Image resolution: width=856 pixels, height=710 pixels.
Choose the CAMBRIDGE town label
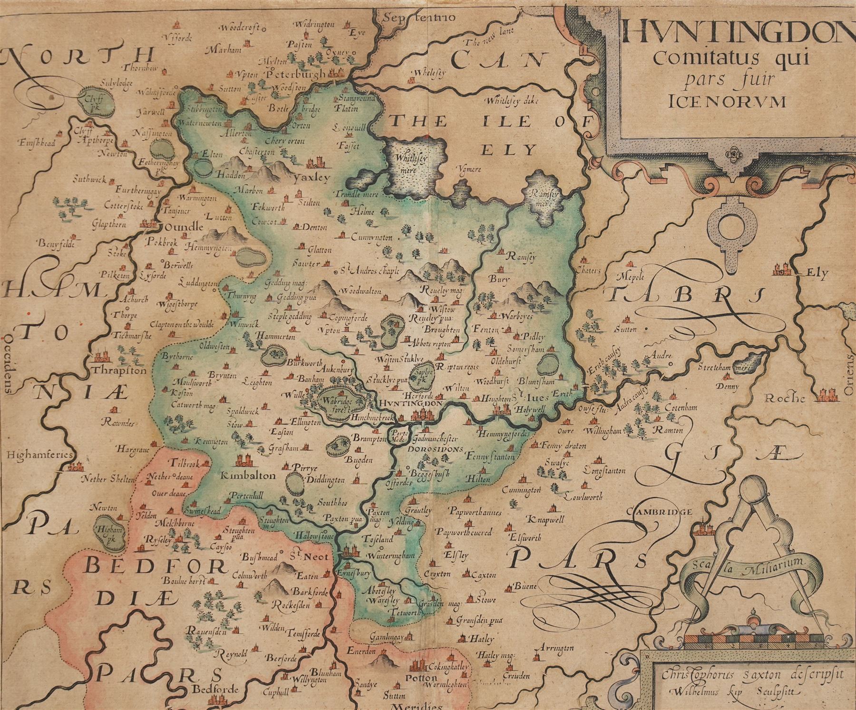[658, 512]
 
